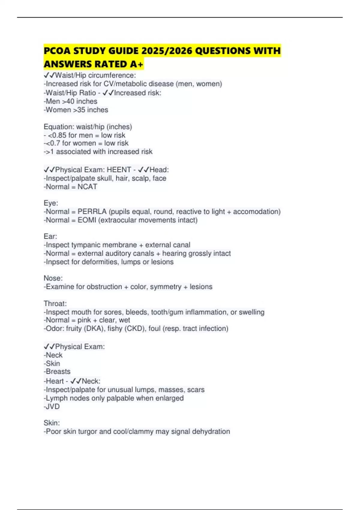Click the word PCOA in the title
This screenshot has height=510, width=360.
click(57, 51)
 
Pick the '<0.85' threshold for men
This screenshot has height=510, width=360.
click(57, 135)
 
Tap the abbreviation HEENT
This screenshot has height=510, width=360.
click(119, 170)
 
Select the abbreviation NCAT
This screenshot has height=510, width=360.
click(87, 187)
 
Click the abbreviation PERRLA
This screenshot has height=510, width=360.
click(92, 211)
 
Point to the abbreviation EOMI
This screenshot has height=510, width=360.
click(87, 220)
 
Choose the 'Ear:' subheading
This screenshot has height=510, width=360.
click(50, 236)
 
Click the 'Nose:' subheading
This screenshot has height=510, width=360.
click(53, 278)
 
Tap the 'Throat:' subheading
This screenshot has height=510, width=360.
click(55, 304)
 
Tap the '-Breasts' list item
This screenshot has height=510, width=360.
click(57, 371)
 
